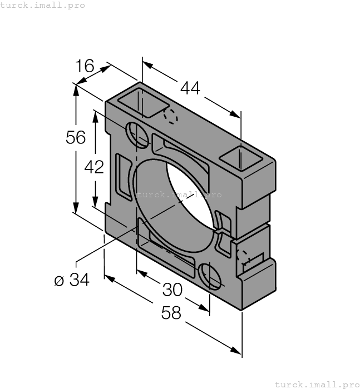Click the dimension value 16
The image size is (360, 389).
[x=85, y=67]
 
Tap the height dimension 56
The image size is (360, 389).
[x=76, y=137]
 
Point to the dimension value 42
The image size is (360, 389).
[x=95, y=167]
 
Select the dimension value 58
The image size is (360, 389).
[x=171, y=313]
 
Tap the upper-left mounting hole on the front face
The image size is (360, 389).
[x=137, y=135]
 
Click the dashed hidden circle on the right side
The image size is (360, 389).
[x=243, y=257]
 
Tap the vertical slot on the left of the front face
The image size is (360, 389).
[x=122, y=178]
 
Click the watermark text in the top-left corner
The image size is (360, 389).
[x=43, y=5]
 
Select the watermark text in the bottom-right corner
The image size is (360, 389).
[x=317, y=384]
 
